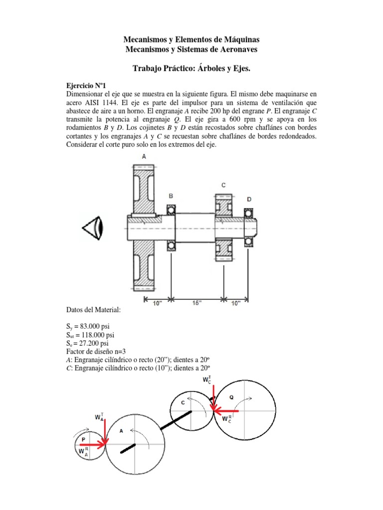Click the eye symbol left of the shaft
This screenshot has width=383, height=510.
[93, 229]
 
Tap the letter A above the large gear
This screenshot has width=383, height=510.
[144, 156]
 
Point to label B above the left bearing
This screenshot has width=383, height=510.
[171, 196]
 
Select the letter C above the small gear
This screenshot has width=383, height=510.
[223, 185]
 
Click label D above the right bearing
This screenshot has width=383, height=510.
[249, 199]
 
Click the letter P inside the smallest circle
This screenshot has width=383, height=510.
[83, 439]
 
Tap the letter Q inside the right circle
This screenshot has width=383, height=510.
[231, 397]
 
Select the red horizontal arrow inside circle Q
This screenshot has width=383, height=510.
[227, 411]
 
